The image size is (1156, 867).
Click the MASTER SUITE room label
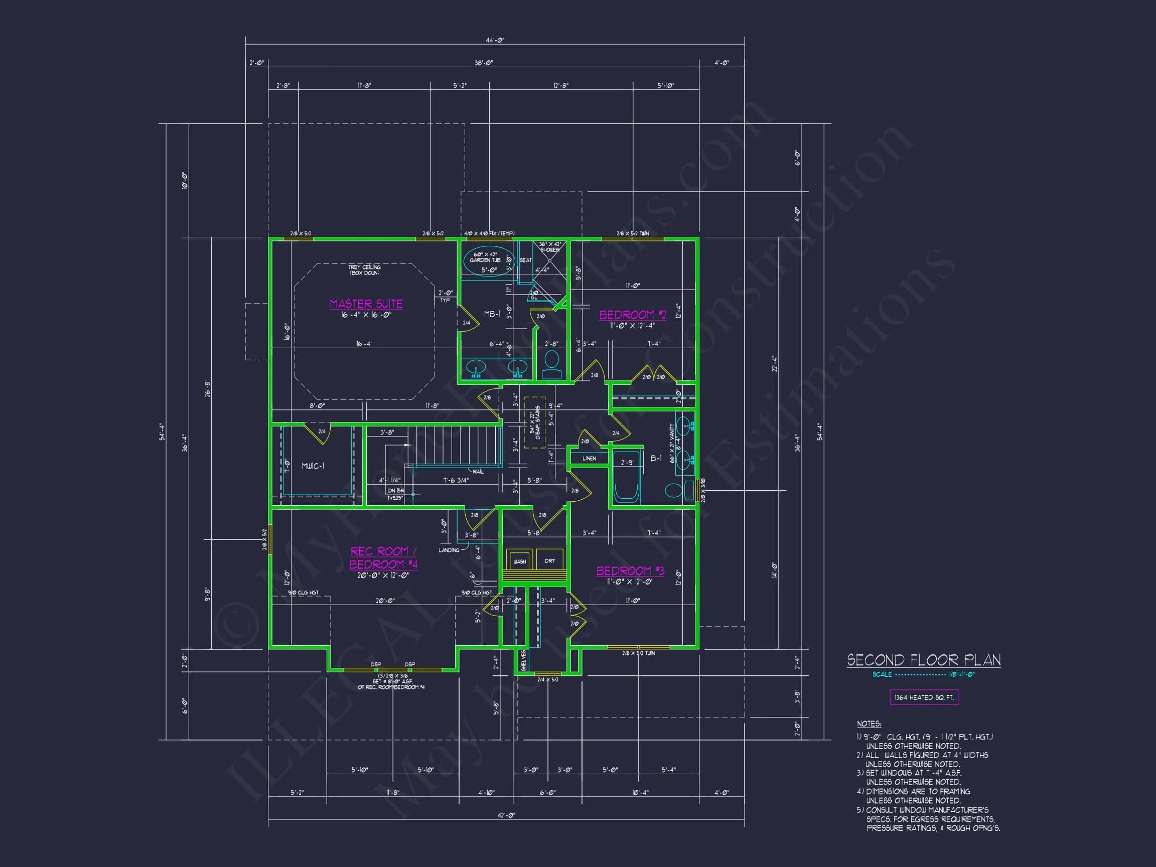tap(366, 304)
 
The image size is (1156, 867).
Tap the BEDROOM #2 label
tap(632, 315)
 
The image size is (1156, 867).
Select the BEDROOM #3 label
tap(630, 570)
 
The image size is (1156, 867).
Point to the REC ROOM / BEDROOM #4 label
tap(383, 557)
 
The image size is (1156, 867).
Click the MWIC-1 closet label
tap(313, 466)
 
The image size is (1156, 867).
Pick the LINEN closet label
tap(589, 458)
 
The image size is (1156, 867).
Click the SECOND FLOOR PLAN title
tap(923, 660)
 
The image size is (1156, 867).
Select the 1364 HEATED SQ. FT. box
tap(924, 697)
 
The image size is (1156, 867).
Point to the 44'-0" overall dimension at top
tap(494, 40)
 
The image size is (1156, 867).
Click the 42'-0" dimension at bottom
tap(505, 815)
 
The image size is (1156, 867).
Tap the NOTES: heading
tap(869, 724)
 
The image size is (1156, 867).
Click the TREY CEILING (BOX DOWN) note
tap(364, 269)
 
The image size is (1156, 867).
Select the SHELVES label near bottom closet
tap(523, 661)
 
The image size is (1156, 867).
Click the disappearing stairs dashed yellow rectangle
tap(534, 422)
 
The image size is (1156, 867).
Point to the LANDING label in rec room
tap(449, 550)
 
